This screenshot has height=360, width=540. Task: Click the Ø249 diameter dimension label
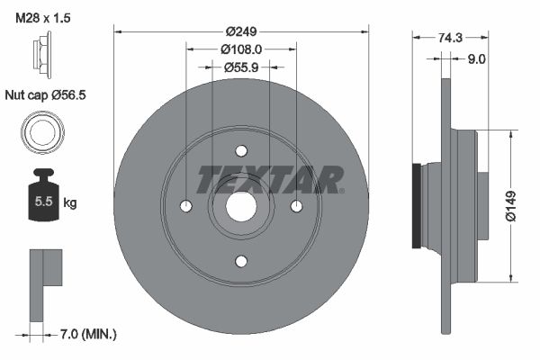coord(241,31)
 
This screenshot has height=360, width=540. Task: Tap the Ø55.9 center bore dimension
coord(241,67)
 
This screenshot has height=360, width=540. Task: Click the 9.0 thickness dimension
coord(476,59)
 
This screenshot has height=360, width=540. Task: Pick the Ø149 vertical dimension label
coord(510,204)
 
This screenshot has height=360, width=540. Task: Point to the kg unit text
coord(70,203)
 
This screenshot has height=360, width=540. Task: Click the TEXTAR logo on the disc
coord(270,179)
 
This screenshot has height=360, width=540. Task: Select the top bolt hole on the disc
coord(241,150)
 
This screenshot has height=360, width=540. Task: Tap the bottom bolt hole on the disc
coord(241,261)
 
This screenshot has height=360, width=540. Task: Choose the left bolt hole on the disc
coord(186,206)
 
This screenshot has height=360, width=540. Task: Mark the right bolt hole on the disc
coord(296,206)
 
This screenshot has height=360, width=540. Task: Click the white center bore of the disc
coord(241,206)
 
